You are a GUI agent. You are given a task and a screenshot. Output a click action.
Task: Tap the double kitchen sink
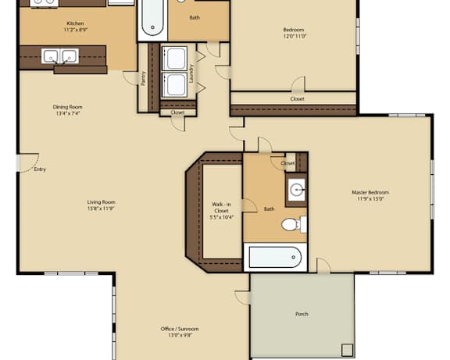pos(60,56)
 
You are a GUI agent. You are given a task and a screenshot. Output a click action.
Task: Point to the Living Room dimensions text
pos(101,209)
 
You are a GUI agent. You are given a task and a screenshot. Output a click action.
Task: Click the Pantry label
pos(144,78)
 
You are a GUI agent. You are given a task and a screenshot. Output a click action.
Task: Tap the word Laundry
pos(191,73)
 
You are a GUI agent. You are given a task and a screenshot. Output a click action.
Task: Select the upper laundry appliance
pos(174,59)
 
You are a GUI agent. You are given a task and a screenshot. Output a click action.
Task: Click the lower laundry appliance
pos(174,84)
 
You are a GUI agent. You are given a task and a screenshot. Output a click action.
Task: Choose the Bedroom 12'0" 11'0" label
pos(295,33)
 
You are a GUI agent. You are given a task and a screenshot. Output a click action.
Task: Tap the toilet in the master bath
pos(294,224)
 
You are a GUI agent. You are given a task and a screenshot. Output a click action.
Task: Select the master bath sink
pos(296,190)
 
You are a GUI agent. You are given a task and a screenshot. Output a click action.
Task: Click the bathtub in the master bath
pos(275,257)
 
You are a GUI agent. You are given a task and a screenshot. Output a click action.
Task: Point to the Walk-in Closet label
pos(221,211)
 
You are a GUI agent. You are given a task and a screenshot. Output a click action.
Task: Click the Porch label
pos(302,314)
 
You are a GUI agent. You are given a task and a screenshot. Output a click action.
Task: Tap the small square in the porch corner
pos(347,350)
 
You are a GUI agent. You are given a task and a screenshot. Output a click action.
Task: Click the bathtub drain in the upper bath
pos(152,27)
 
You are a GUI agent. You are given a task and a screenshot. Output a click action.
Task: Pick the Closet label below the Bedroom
pos(297,98)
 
